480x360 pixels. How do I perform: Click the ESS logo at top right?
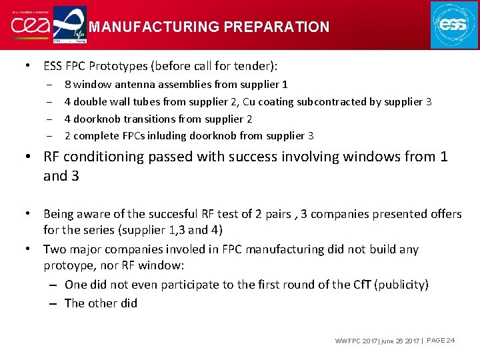pos(454,25)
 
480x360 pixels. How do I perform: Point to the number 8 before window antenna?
pos(67,84)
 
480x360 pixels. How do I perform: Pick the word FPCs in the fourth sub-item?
pos(129,136)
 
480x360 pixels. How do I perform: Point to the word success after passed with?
pos(289,157)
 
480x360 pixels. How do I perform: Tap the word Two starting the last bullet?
pos(55,249)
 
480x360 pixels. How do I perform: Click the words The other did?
pos(101,303)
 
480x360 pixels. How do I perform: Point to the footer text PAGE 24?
pos(441,341)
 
